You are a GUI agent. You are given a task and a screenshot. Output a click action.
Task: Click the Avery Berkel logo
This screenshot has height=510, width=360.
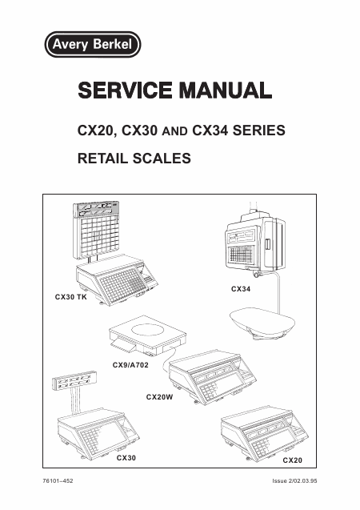93,44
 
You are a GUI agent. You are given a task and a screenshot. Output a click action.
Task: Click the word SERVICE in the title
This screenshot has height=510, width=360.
125,90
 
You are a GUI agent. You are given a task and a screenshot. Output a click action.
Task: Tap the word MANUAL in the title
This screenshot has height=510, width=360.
226,90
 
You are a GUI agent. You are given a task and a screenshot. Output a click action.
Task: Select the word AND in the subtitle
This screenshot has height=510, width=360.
174,131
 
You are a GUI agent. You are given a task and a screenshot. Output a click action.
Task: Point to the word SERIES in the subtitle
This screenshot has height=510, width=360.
259,131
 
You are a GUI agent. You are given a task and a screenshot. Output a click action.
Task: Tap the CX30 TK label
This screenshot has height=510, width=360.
71,297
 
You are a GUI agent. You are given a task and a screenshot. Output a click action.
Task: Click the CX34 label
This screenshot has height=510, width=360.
241,289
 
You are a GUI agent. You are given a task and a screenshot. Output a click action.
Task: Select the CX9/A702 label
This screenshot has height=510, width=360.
130,365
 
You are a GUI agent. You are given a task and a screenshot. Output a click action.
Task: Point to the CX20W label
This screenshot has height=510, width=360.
159,397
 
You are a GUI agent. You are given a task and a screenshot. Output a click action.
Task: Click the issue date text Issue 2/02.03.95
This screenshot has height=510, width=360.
294,480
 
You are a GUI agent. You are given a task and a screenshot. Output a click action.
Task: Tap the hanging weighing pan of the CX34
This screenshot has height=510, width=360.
262,323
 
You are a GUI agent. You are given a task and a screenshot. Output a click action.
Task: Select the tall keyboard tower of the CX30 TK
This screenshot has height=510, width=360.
97,229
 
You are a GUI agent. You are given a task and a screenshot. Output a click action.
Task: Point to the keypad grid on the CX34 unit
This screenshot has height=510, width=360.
241,255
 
